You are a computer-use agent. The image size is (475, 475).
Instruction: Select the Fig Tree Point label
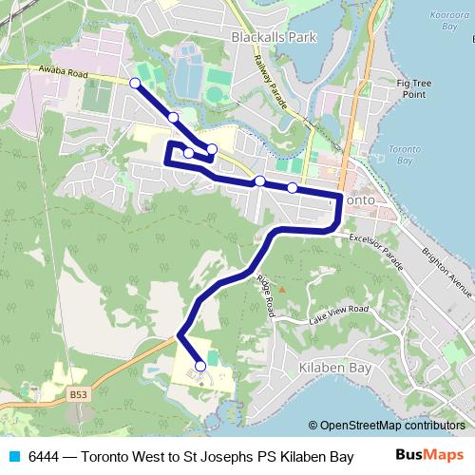coord(414,88)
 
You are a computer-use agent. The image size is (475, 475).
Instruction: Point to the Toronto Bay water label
coord(407,157)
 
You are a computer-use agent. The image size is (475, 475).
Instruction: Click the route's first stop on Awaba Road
coord(135,84)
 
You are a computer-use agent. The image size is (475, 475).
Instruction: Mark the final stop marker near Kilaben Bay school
coord(200,366)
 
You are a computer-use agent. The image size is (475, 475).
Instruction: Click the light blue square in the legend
coord(13,456)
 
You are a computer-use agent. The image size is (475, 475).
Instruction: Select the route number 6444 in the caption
coord(45,456)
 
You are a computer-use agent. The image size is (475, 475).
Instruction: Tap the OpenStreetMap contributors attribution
coord(390,426)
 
